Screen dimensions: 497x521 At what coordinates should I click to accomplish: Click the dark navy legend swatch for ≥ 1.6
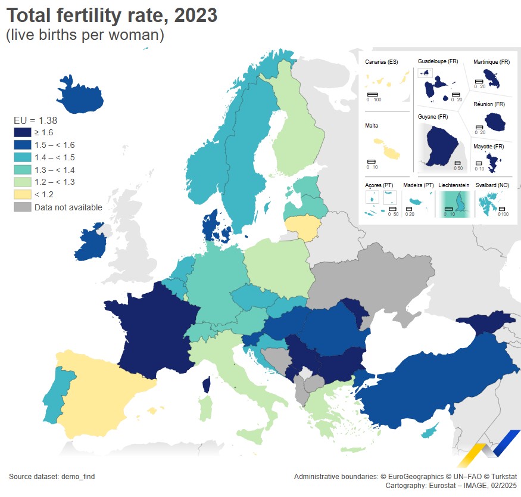pos(23,132)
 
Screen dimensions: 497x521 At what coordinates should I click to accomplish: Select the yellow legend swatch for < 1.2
pos(23,194)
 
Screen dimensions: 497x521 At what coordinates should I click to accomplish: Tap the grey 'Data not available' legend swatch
pos(23,207)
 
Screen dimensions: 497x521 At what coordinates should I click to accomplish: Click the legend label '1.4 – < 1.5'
pos(55,157)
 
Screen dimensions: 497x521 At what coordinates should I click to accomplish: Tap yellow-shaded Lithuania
pos(303,227)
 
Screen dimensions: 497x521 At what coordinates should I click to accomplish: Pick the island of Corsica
pos(207,384)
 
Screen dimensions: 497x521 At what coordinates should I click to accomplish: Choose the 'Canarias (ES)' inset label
pos(382,62)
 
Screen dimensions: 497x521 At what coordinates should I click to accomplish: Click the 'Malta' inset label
pos(372,126)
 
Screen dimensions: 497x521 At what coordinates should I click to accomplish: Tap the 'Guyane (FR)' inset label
pos(433,117)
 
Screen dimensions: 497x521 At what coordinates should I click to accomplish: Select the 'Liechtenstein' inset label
pos(454,185)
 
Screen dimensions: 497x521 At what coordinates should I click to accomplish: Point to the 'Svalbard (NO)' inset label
pos(492,185)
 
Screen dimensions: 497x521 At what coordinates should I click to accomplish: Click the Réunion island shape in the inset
pos(494,122)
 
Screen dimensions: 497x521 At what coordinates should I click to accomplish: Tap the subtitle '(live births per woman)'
pos(85,35)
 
